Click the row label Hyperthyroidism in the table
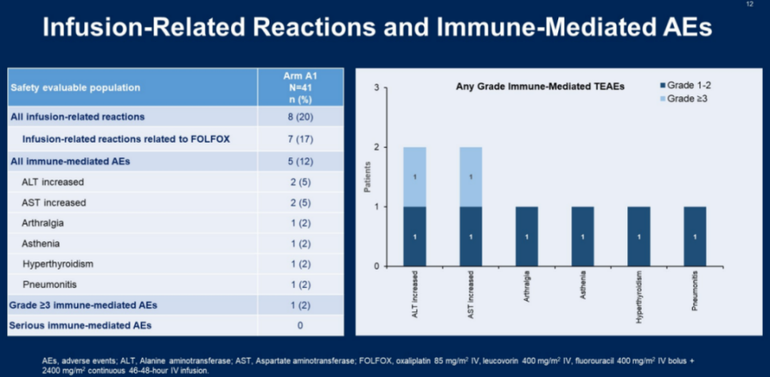(58, 264)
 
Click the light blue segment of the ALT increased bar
(414, 176)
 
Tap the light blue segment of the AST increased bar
(471, 176)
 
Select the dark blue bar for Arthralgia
(527, 236)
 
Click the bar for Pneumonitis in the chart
(695, 236)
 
